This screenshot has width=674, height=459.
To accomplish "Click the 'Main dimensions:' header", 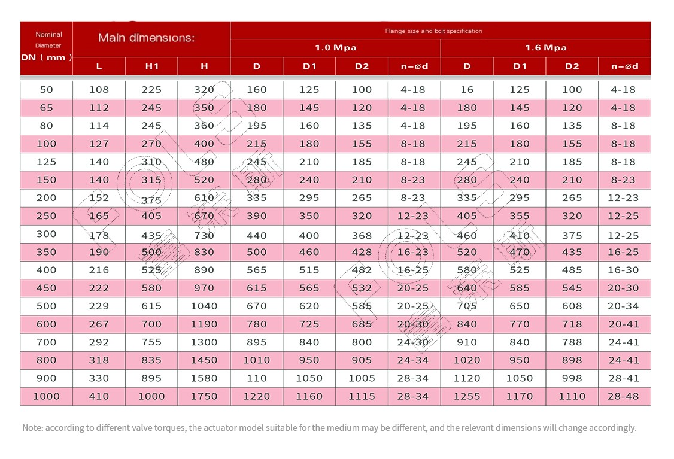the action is point(146,38).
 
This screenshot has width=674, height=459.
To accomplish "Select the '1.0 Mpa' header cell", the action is point(336,48).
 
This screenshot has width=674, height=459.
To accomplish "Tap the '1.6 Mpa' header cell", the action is point(546,48).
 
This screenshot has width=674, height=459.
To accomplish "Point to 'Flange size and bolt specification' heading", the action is point(434,31).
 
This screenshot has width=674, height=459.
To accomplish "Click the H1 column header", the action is point(151,66).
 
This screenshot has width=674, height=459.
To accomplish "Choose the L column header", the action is point(99,66).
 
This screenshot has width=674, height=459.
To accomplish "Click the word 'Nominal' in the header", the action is point(48,34).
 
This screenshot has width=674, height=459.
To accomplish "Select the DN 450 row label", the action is point(47,288).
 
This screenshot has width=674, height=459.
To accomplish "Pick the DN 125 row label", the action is point(47,162).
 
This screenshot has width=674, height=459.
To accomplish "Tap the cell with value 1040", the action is point(204,306).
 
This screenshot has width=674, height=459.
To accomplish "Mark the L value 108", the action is point(99,89).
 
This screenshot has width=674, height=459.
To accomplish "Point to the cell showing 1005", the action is point(362,378).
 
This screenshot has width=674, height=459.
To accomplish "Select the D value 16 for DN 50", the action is point(467,89).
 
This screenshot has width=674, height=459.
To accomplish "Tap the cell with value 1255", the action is point(467,396).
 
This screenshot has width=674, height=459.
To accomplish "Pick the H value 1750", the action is point(204,396).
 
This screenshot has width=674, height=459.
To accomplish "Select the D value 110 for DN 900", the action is point(257,378).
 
